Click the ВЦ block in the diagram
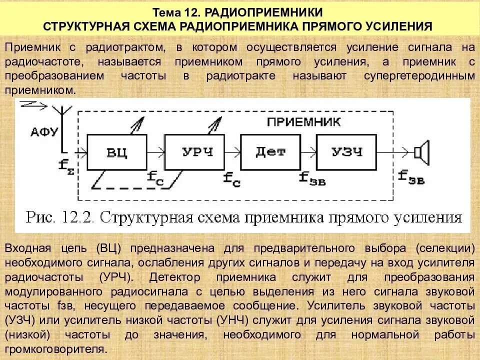[x=117, y=152]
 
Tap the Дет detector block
[x=270, y=152]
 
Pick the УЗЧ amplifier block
[x=346, y=152]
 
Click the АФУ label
[x=44, y=132]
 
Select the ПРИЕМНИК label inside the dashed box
[x=303, y=121]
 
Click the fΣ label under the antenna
[x=65, y=164]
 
